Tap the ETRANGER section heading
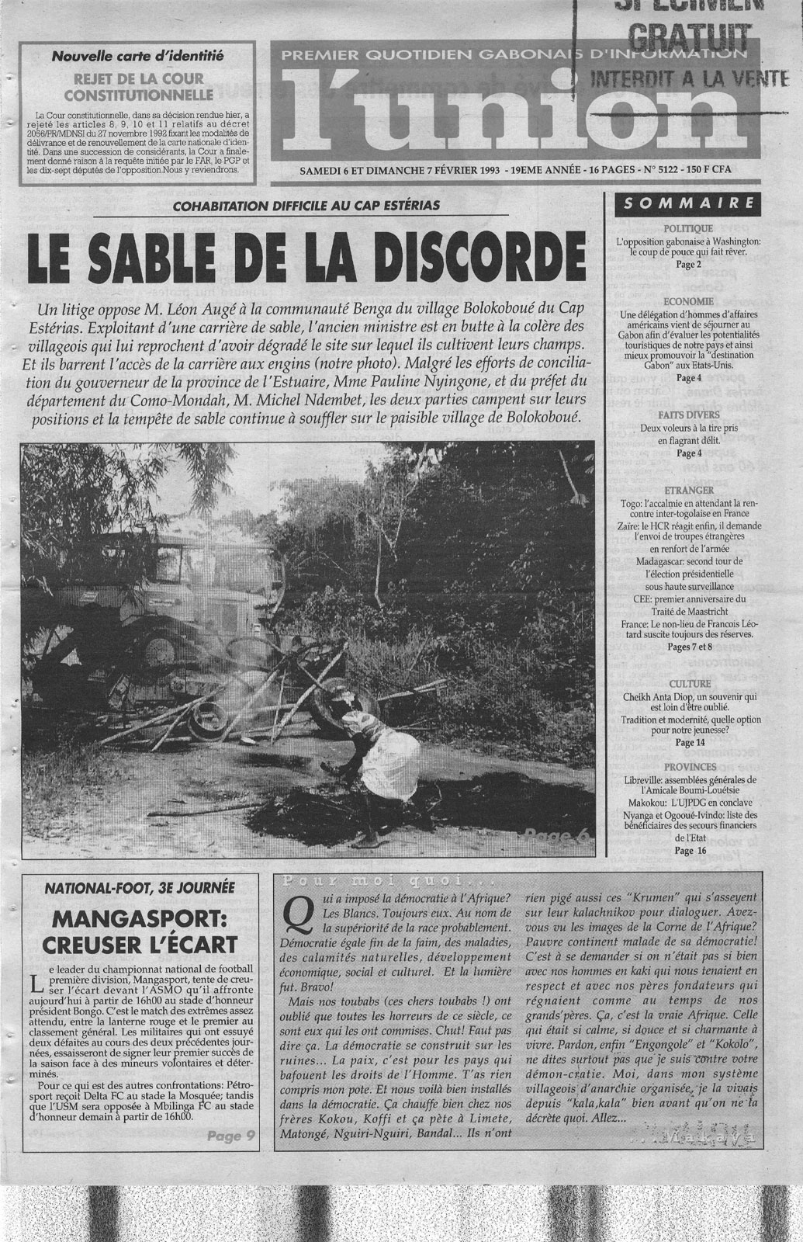688,491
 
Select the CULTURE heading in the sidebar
688,684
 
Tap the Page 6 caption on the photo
556,835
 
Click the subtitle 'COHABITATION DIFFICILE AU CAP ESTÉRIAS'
306,205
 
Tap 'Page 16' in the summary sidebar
684,850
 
